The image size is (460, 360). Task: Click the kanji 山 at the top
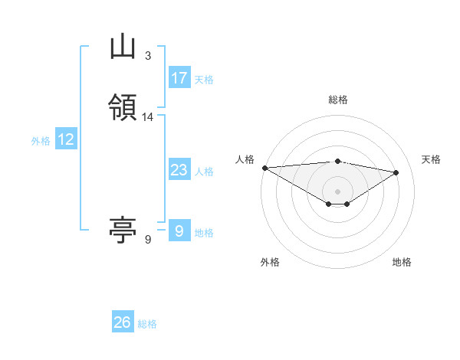(123, 47)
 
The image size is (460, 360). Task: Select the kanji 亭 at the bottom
(123, 229)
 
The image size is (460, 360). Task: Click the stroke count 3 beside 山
(147, 56)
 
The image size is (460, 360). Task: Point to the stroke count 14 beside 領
(148, 117)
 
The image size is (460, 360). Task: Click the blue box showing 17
(179, 78)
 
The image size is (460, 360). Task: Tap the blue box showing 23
(179, 170)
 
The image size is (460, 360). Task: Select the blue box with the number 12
(66, 139)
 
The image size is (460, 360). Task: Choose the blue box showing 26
(123, 322)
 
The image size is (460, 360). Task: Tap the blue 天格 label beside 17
(204, 79)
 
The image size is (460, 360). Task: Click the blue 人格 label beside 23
(204, 171)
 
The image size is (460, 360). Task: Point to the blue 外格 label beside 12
(41, 140)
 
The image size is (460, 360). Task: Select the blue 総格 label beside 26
(147, 324)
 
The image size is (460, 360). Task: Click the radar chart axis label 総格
(337, 100)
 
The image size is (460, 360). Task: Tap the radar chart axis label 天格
(431, 159)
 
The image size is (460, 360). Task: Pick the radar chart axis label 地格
(402, 262)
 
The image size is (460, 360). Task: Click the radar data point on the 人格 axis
(264, 168)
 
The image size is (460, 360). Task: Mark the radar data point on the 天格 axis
(396, 172)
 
